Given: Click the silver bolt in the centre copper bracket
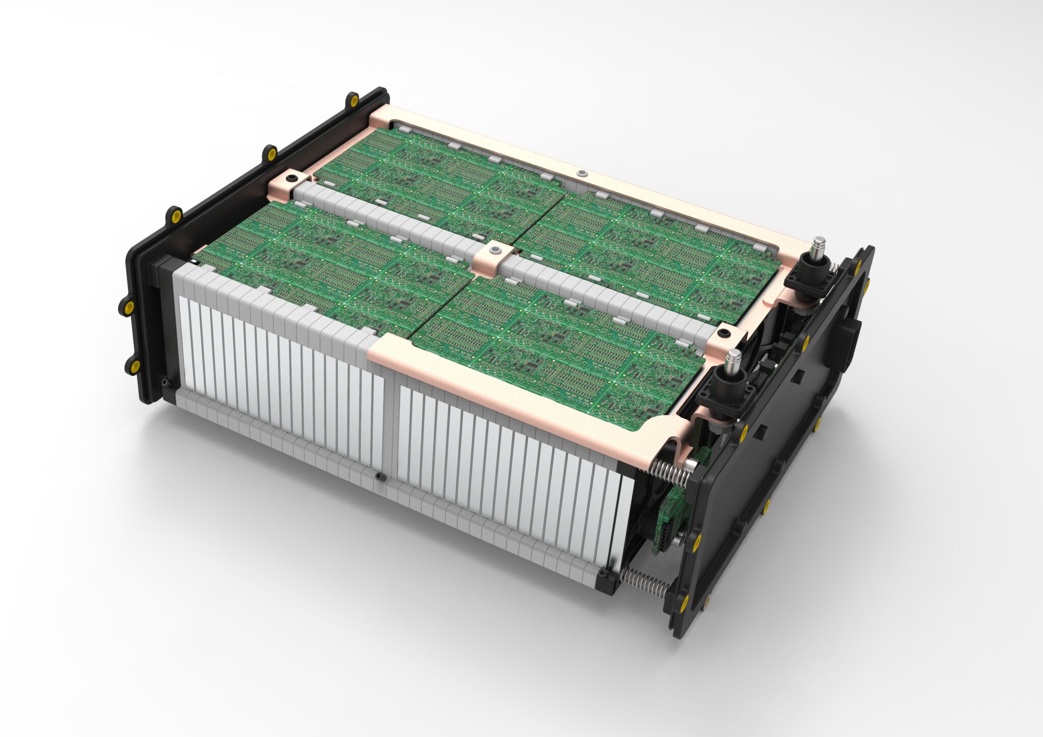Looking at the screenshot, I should (x=495, y=250).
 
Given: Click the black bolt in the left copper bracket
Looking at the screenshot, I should (x=291, y=179).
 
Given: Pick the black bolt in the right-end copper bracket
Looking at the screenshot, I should (x=724, y=334).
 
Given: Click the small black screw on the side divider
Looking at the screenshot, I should (x=379, y=476).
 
